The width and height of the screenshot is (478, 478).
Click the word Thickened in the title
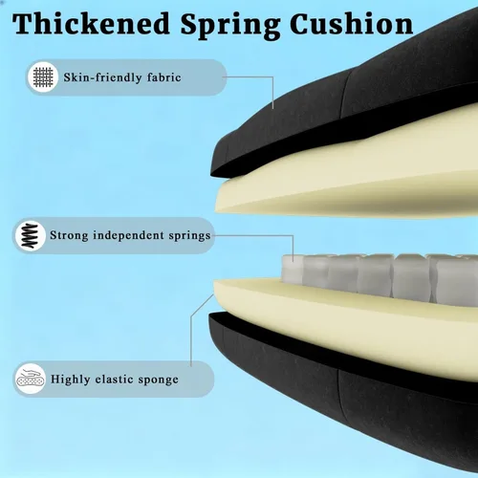click(x=91, y=24)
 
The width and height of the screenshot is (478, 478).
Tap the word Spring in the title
click(x=230, y=26)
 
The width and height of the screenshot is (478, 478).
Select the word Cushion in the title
click(x=352, y=24)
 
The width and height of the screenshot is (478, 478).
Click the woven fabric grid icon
click(x=43, y=77)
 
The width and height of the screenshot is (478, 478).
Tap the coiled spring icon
click(x=30, y=236)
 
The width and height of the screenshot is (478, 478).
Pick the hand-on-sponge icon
click(x=31, y=379)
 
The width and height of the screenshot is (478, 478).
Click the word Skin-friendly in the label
click(x=102, y=77)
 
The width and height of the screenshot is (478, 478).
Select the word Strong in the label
click(x=69, y=235)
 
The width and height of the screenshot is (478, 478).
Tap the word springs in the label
click(x=189, y=236)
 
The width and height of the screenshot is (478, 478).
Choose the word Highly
click(x=70, y=380)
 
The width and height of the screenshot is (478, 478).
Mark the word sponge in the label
click(x=159, y=380)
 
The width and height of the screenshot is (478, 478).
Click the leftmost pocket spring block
click(x=293, y=270)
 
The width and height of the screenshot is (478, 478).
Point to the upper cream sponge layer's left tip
click(x=216, y=209)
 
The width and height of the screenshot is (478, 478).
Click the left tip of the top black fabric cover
click(x=211, y=174)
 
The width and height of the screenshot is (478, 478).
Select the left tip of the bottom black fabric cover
click(x=209, y=317)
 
